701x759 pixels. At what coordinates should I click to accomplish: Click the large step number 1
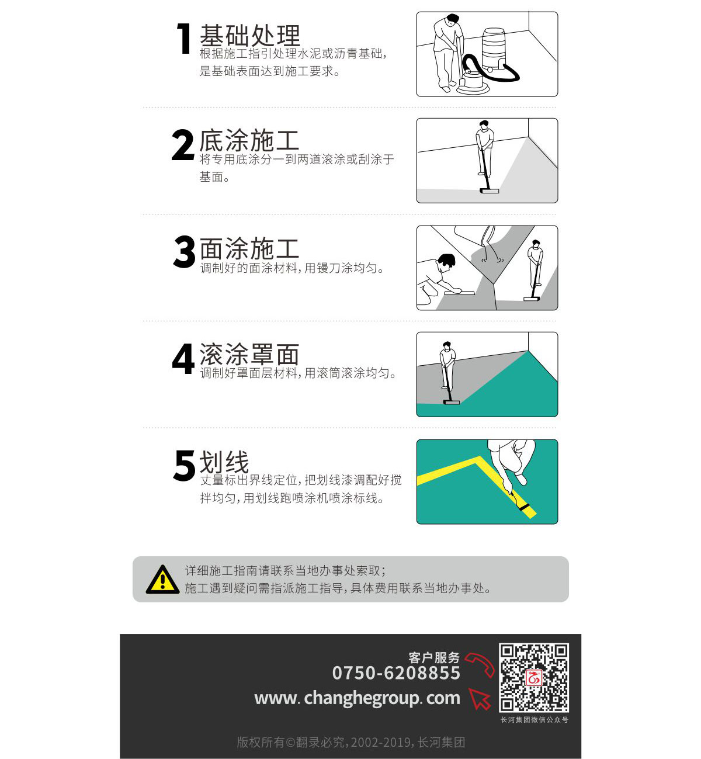point(184,38)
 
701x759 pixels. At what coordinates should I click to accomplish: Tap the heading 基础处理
point(250,36)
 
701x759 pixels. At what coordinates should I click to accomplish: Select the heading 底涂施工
point(249,140)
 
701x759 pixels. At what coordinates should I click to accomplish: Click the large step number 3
point(184,251)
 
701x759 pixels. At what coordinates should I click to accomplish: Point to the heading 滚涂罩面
point(249,354)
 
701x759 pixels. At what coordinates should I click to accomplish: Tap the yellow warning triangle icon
point(163,580)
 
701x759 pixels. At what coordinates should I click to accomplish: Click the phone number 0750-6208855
point(396,673)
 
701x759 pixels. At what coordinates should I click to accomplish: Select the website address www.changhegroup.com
point(357,698)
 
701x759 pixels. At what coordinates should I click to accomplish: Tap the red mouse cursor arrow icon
point(480,699)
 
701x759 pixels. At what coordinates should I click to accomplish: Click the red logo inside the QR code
point(533,678)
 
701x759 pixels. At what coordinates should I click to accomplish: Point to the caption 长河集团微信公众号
point(535,720)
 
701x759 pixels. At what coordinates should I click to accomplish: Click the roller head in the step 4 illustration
point(452,402)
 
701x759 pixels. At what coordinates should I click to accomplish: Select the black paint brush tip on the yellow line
point(524,508)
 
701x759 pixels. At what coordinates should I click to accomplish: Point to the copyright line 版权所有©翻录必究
point(292,742)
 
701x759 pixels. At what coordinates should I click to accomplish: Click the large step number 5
point(184,465)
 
